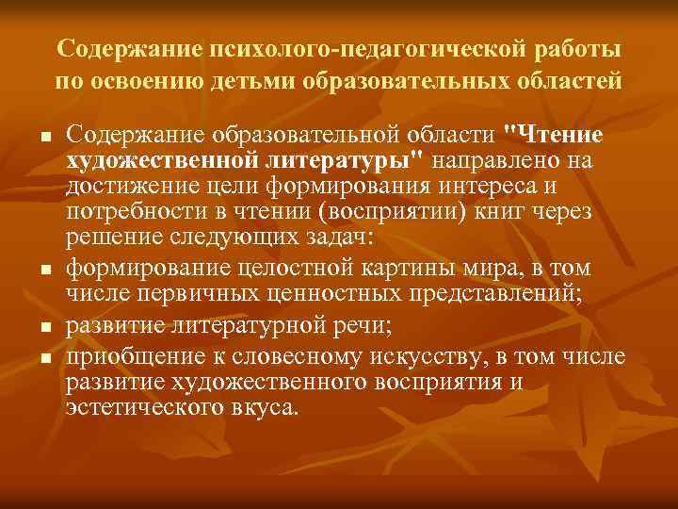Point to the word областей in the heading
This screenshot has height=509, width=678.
[x=570, y=79]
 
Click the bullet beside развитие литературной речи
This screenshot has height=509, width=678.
[x=44, y=328]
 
